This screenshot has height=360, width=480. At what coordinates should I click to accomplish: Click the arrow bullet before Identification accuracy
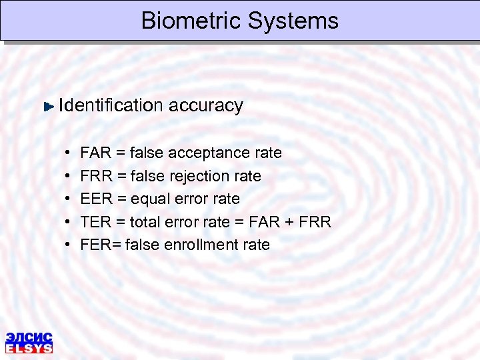click(x=49, y=106)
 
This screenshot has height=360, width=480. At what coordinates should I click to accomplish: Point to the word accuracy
click(x=206, y=105)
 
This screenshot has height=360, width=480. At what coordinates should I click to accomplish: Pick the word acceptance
click(x=209, y=153)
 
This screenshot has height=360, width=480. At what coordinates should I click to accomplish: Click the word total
click(x=147, y=222)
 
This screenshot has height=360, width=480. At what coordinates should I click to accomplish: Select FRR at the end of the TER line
click(x=315, y=222)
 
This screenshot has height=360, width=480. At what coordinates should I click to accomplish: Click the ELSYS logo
click(x=29, y=341)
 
